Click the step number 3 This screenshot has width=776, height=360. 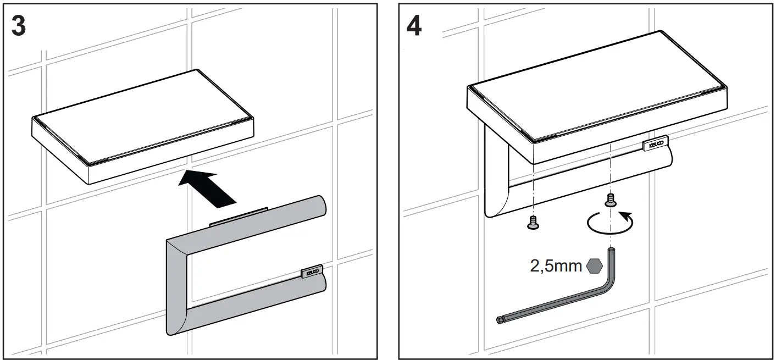(x=19, y=26)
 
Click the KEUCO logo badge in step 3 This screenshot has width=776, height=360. (x=312, y=271)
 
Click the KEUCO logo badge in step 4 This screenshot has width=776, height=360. (x=656, y=144)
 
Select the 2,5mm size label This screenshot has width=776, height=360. (x=556, y=267)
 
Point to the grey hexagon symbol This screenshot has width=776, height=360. (x=595, y=267)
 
